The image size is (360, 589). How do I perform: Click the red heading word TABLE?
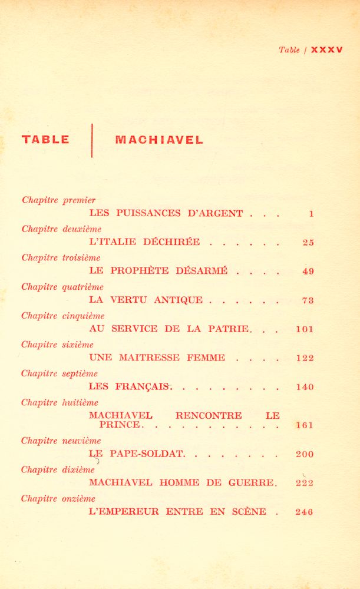(x=45, y=140)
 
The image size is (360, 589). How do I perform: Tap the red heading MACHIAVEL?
(x=159, y=140)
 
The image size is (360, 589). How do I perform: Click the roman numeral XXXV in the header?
(x=326, y=50)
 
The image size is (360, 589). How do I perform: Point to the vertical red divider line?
(x=92, y=140)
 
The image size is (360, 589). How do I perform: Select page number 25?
(x=308, y=242)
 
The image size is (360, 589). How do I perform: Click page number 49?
(x=308, y=271)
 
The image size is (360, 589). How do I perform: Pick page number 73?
(x=308, y=300)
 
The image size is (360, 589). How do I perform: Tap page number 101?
(x=305, y=329)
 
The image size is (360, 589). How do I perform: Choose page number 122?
(x=305, y=358)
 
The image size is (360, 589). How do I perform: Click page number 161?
(x=305, y=425)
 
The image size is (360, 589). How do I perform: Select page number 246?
(x=305, y=512)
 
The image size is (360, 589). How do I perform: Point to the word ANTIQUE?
(x=178, y=300)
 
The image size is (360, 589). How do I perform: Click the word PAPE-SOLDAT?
(x=147, y=454)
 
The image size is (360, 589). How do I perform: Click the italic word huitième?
(x=80, y=403)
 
